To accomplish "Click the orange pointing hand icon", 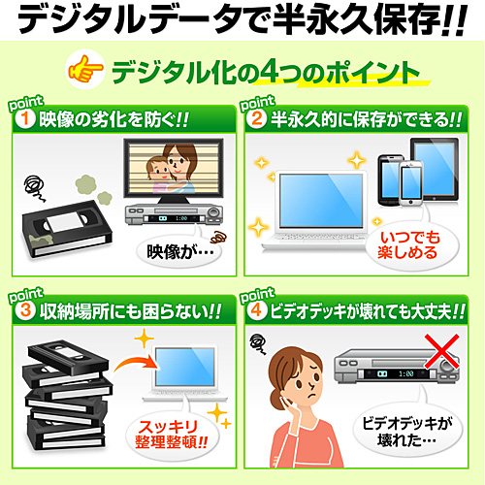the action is point(84,69).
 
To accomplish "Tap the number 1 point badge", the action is point(24,118).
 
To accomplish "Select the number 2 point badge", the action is point(256,118).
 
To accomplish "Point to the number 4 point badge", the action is point(256,310).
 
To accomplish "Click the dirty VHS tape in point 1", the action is point(67,229).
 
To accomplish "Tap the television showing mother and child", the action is point(174,171).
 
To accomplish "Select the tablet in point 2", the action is point(435,170).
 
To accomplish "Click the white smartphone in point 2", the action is point(411,183).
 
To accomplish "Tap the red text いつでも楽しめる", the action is point(409,245).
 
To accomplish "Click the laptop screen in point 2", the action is point(321,201).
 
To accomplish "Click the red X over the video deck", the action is point(442,351).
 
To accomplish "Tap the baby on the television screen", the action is point(158,173).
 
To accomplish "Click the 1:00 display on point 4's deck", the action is point(406,374).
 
